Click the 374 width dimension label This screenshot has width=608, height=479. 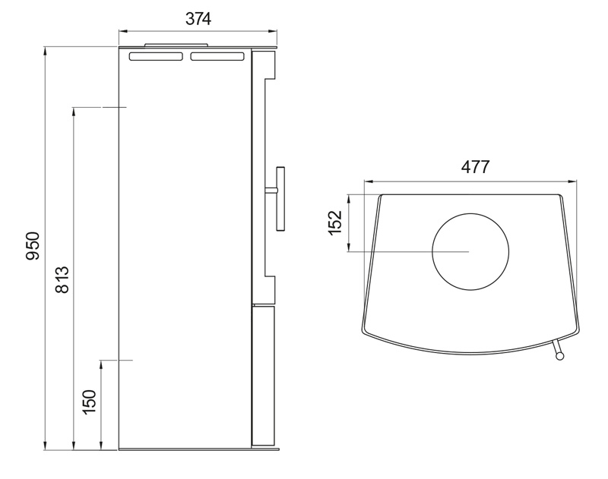click(198, 19)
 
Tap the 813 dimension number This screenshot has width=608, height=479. click(62, 279)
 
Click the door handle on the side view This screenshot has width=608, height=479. click(277, 198)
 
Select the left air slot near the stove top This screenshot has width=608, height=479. click(156, 57)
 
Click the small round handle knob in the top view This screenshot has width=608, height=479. click(559, 354)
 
